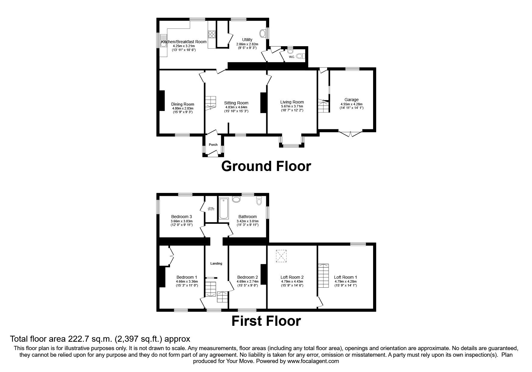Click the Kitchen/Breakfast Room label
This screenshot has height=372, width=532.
coord(184,42)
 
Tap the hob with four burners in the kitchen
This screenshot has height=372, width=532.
coord(211,34)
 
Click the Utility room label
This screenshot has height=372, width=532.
coord(247,40)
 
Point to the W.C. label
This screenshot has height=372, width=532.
coord(291,57)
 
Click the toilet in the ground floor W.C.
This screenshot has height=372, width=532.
coord(299,56)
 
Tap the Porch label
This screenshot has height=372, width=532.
coord(213,145)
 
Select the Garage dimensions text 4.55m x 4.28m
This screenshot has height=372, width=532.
coord(351,104)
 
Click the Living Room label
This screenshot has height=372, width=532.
coord(292,102)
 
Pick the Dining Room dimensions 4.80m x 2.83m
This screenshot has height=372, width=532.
coord(183,108)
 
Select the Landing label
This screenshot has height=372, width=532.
coord(216,263)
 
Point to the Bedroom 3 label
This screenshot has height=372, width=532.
coord(181,217)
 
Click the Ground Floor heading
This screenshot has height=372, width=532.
coord(266,166)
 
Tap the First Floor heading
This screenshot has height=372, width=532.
coord(266,321)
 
